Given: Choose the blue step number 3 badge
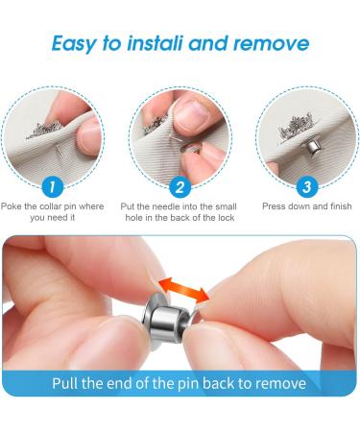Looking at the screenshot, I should (305, 187).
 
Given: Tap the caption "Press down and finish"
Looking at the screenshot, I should (307, 206).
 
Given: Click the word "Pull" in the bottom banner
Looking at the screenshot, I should (69, 383).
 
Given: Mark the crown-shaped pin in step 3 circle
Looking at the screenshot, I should (292, 129).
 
